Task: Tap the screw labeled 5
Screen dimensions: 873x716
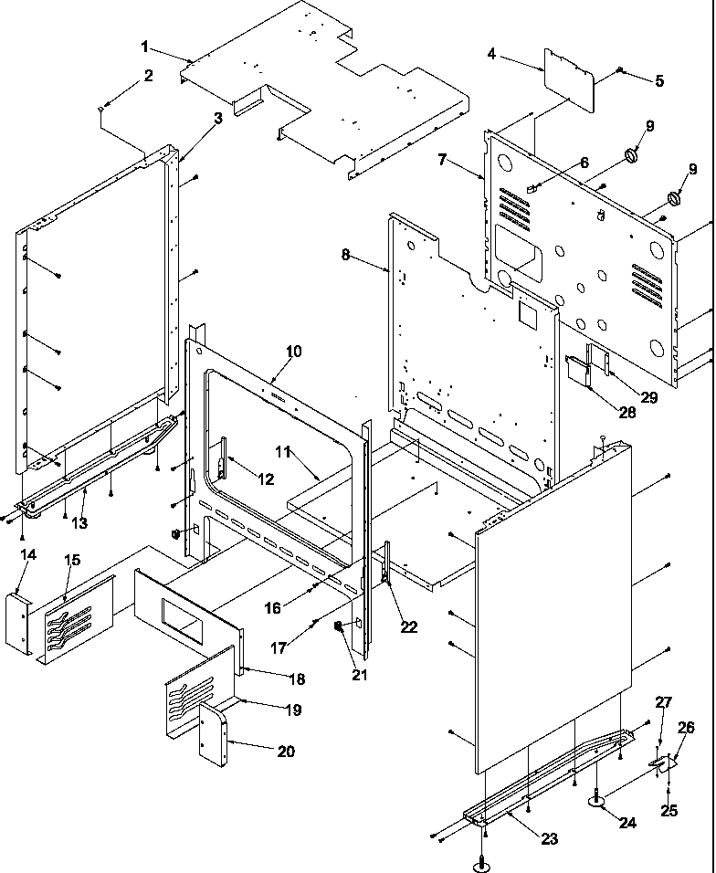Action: (x=620, y=69)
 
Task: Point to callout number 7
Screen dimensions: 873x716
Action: (x=443, y=160)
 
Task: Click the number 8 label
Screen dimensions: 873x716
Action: (x=346, y=255)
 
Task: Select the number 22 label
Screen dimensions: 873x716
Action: (x=408, y=626)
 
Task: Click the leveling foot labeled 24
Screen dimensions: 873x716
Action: (x=598, y=801)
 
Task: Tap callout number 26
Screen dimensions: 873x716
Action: (x=685, y=728)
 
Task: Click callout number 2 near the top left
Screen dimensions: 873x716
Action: (x=147, y=76)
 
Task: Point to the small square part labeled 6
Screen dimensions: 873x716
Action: (x=530, y=187)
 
